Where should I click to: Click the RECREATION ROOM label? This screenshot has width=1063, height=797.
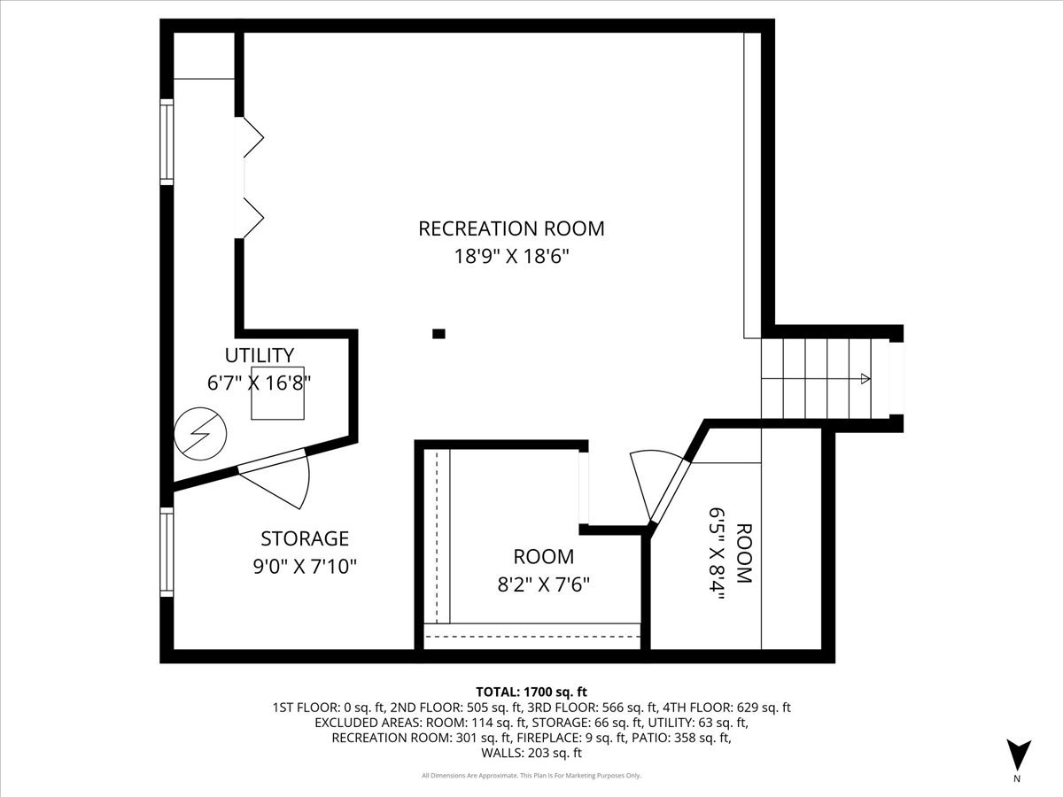click(511, 228)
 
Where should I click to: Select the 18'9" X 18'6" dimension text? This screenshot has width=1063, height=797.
click(511, 257)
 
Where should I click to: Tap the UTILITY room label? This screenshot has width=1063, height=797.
click(259, 355)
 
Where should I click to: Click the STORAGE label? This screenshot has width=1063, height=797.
click(305, 538)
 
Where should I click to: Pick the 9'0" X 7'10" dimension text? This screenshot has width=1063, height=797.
click(305, 566)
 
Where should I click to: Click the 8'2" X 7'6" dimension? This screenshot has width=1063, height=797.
click(543, 584)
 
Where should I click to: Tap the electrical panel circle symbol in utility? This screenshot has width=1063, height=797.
click(199, 434)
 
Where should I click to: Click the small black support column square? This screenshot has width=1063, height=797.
click(438, 334)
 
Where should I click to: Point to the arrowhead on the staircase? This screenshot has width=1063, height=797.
click(864, 379)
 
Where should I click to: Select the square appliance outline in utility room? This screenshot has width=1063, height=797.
click(278, 392)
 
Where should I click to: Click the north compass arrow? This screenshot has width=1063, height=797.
click(1019, 754)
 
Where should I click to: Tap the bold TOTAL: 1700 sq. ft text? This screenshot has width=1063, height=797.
click(531, 692)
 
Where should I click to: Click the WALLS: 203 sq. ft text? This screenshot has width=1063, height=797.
click(531, 753)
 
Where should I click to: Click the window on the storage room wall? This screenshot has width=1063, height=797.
click(166, 553)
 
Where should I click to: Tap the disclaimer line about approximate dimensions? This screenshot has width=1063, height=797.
click(531, 776)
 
